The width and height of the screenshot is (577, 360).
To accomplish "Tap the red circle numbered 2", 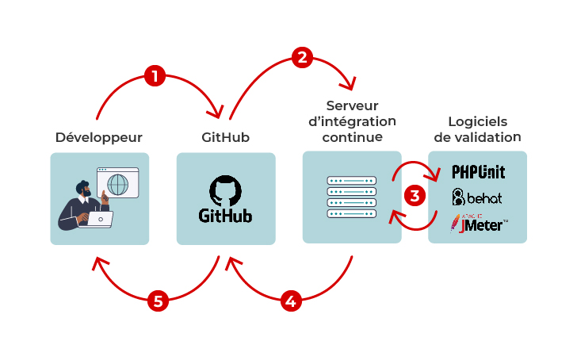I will pos(301,57).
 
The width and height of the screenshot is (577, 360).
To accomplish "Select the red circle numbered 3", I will pos(414,195).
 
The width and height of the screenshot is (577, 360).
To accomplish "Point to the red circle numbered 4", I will pos(291,301).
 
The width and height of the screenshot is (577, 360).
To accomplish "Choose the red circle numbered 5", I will pos(159,301).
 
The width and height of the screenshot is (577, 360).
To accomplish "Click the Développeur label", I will pos(99,137).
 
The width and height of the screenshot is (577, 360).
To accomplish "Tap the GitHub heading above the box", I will pos(225,137).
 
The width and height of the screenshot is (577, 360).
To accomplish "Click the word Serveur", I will pos(352,105).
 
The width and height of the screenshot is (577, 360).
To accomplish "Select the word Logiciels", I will pos(477,121).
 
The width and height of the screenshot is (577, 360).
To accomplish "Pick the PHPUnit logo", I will pos(478,171).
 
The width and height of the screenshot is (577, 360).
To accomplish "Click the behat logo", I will pos(477,197).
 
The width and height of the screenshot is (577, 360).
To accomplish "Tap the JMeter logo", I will pos(479,224).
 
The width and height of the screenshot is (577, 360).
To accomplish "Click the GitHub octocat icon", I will pos(225,191).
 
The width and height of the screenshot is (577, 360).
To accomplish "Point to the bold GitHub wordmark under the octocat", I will pos(226,216).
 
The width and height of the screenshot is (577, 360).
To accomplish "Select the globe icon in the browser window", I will pos(117,184).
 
